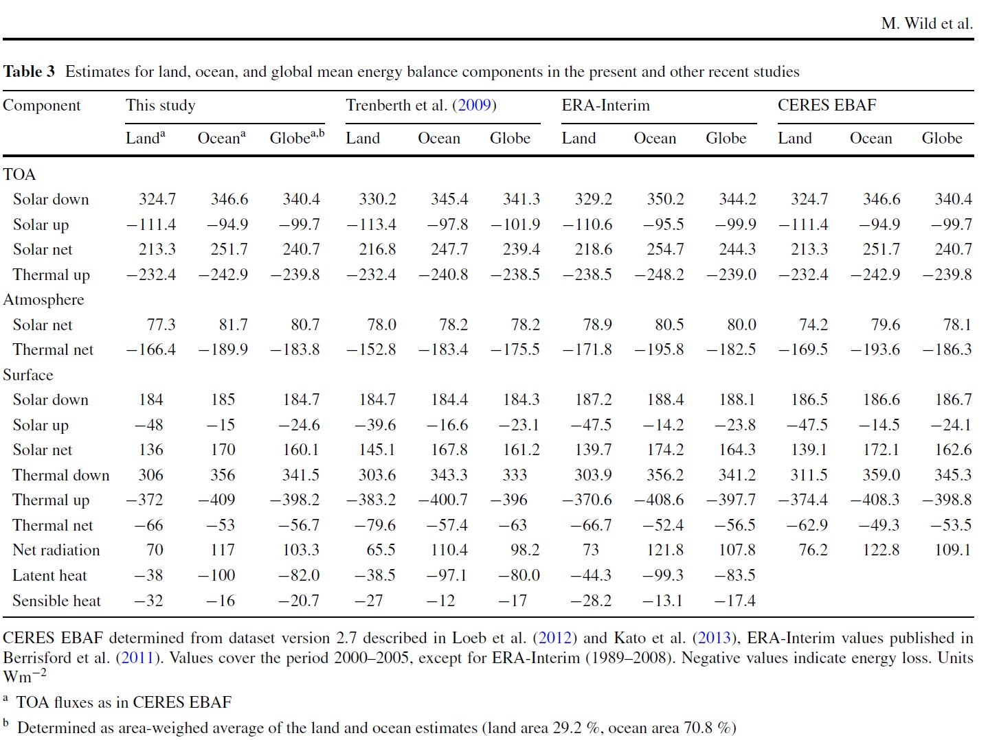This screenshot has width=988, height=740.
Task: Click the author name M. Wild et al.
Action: click(x=927, y=23)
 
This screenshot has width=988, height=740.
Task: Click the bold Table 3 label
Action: click(x=29, y=71)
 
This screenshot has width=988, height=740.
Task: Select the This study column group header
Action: click(x=160, y=105)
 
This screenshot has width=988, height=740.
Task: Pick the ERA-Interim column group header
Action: click(x=605, y=105)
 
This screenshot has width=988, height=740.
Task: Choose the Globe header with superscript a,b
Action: click(x=297, y=137)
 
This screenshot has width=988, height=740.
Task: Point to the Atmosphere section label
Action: click(x=44, y=299)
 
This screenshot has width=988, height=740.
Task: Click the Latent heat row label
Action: click(x=49, y=575)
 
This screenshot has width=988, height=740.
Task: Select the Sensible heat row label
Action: click(x=57, y=601)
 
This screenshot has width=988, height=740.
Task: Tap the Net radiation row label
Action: click(x=56, y=550)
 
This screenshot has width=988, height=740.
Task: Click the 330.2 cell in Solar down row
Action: click(x=377, y=199)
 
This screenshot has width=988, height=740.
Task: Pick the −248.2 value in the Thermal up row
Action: click(x=659, y=275)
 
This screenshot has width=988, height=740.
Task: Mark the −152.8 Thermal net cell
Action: click(x=371, y=349)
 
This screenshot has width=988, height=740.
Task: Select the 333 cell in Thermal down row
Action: click(x=515, y=475)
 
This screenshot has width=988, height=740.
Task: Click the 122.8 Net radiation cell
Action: click(x=881, y=550)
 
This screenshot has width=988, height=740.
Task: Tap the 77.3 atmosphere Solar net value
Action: click(x=161, y=325)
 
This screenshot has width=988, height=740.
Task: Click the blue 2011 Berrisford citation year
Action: click(x=137, y=658)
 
